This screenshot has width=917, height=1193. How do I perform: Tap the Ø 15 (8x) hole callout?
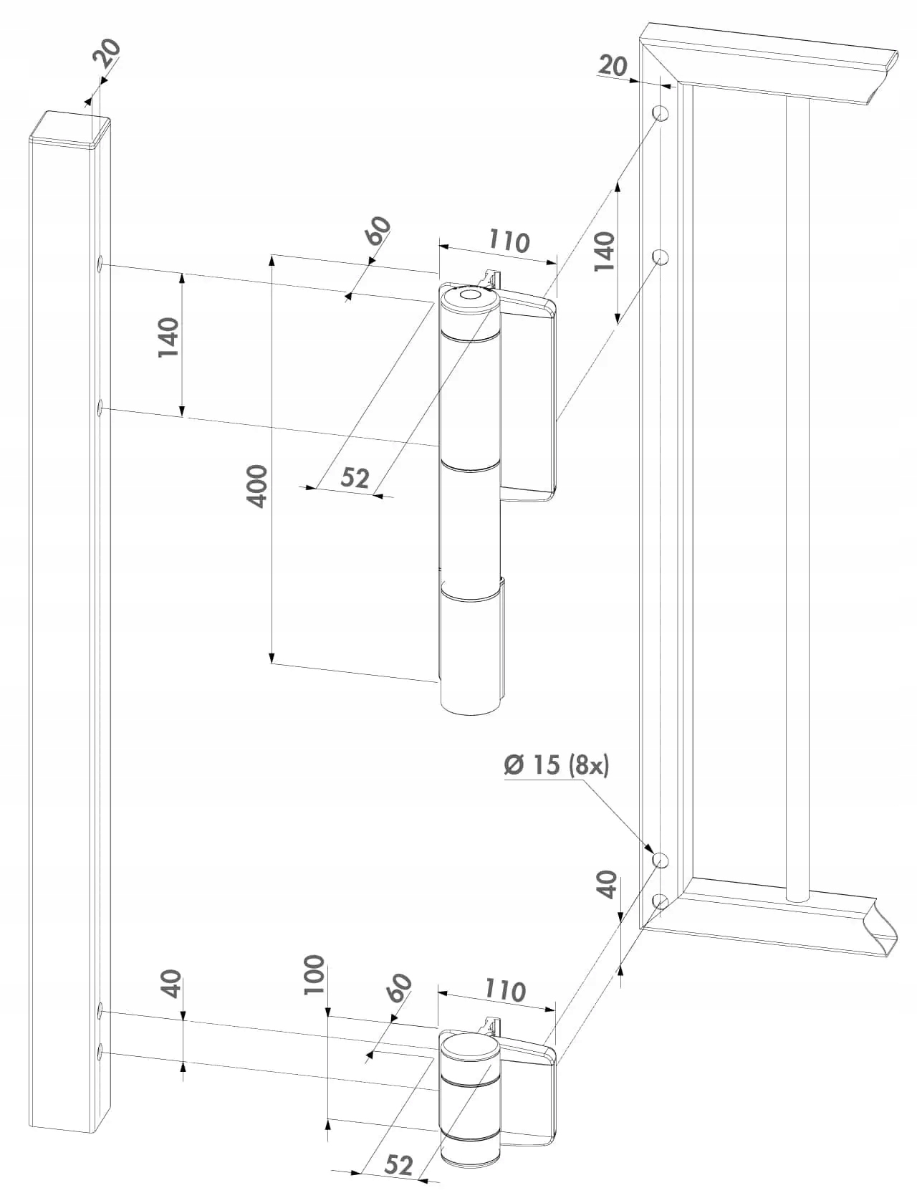point(556,765)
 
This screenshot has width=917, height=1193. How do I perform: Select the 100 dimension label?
point(315,974)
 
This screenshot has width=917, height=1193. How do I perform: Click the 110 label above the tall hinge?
point(509,241)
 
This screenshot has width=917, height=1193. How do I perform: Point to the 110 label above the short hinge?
point(505,991)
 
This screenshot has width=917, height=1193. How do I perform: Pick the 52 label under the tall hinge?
point(354,477)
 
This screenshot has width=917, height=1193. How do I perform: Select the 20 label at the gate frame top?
point(613,66)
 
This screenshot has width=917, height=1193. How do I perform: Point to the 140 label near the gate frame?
point(604,251)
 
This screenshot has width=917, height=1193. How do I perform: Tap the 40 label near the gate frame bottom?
point(607,883)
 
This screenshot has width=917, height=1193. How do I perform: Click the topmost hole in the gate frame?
point(661,113)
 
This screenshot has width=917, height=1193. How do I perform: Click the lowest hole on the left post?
point(101,1051)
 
